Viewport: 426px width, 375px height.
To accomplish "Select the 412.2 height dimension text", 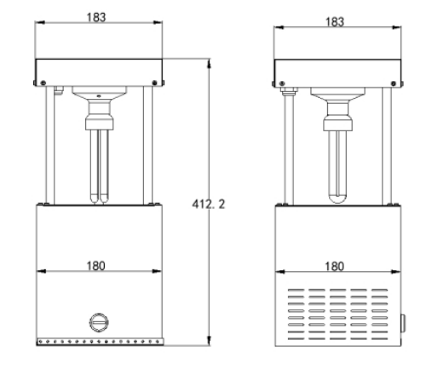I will click(x=214, y=205).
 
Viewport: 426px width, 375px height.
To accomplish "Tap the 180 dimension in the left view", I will click(x=98, y=265).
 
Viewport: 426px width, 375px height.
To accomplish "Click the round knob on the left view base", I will click(x=99, y=322).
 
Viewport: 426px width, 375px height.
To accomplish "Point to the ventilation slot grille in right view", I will click(x=337, y=310).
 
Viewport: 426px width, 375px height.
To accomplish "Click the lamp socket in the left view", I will click(x=99, y=115).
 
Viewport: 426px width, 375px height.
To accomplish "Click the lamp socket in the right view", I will click(x=337, y=115).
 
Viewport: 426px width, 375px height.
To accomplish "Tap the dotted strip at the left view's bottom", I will click(x=98, y=345).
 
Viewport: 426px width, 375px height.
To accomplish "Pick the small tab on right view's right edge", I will click(x=403, y=324).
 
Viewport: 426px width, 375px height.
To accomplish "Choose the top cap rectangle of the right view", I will click(x=337, y=70).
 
